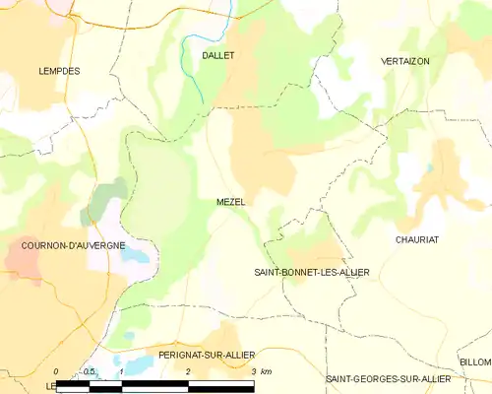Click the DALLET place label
pos(217,56)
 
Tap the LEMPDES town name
pos(59,71)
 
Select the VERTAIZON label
pos(405,61)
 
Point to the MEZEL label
pos(231,202)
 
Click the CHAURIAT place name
pos(415,239)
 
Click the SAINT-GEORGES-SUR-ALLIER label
pos(389,378)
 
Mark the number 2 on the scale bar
pos(187,371)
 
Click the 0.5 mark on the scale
pos(89,371)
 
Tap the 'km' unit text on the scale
pos(266,371)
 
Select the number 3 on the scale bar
pos(253,371)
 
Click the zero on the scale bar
pos(57,371)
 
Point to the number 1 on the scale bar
pos(121,371)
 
